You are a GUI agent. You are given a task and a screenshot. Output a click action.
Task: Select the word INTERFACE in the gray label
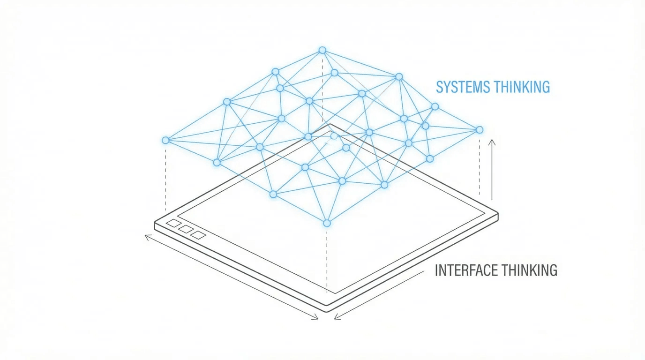[465, 270]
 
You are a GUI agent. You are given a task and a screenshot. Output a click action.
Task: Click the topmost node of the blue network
[322, 50]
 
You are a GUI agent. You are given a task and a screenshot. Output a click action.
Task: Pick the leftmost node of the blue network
[165, 140]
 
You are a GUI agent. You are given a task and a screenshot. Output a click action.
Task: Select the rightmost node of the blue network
[479, 129]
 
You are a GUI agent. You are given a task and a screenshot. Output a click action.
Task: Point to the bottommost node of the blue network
[327, 223]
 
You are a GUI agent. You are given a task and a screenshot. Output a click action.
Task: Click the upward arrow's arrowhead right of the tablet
[492, 141]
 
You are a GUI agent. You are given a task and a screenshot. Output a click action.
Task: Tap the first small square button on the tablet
[173, 224]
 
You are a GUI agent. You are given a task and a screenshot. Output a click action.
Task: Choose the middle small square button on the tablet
[186, 229]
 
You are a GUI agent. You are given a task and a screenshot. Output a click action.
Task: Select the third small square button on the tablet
[199, 235]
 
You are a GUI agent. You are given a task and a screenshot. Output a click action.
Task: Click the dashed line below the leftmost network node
[165, 178]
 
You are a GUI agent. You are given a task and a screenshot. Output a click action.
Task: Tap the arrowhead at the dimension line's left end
[147, 237]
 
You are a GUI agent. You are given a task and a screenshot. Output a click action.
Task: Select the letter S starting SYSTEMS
[440, 87]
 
